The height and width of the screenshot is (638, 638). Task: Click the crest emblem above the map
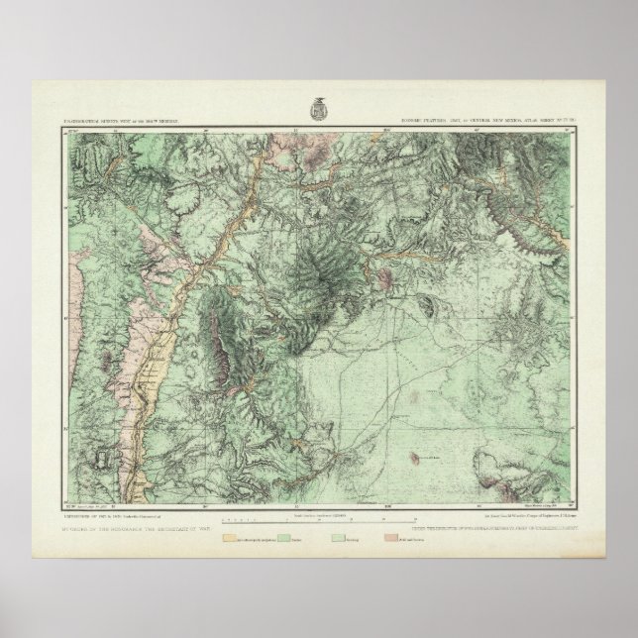click(x=320, y=103)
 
